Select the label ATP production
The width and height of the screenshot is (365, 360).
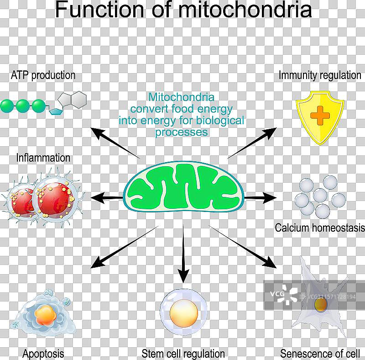pos(43,75)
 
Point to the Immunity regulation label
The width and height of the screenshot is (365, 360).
pos(320,75)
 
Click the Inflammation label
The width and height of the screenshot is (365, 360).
pos(43,158)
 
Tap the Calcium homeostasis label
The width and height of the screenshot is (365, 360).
pos(320,228)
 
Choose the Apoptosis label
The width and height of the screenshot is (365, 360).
pos(43,353)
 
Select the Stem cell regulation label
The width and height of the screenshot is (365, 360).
pos(183,353)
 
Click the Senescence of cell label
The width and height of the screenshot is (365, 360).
pos(320,353)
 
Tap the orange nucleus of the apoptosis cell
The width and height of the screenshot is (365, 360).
pos(45,315)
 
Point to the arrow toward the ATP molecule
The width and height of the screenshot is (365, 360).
pos(114,143)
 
